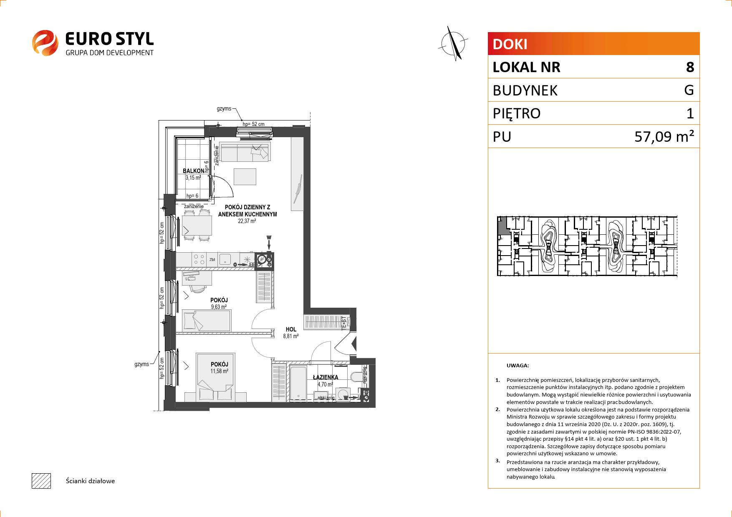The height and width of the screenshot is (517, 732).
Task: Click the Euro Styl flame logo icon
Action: pyautogui.click(x=45, y=43)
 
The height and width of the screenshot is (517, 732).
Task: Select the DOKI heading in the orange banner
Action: pyautogui.click(x=510, y=44)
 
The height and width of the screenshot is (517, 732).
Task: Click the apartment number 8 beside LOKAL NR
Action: pyautogui.click(x=690, y=67)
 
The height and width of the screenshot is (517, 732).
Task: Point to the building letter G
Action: pyautogui.click(x=689, y=90)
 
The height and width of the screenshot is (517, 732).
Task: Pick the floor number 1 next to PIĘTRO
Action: pyautogui.click(x=690, y=113)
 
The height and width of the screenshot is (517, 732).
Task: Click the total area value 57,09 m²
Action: pyautogui.click(x=664, y=136)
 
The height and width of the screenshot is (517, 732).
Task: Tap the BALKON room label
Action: pyautogui.click(x=194, y=171)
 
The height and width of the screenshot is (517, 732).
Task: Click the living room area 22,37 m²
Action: pyautogui.click(x=247, y=221)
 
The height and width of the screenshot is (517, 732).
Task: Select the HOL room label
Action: pyautogui.click(x=291, y=329)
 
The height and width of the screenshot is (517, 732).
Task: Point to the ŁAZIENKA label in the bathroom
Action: pyautogui.click(x=326, y=377)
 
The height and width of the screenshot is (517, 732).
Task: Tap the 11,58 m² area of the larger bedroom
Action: pyautogui.click(x=220, y=371)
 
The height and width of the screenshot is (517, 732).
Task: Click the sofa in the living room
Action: pyautogui.click(x=245, y=152)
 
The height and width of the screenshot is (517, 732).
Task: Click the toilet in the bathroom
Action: pyautogui.click(x=357, y=377)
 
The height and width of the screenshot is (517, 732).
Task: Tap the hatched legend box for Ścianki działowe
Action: pyautogui.click(x=41, y=481)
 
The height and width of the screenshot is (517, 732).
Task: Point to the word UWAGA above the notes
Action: pyautogui.click(x=517, y=366)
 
